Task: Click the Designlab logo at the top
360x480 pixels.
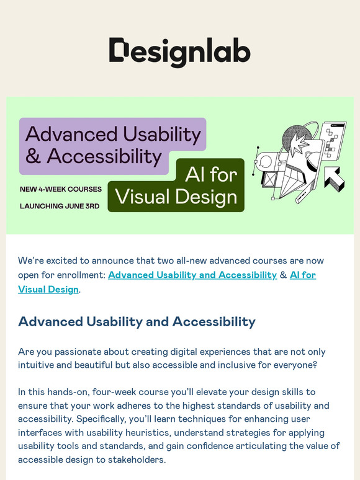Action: pos(179,52)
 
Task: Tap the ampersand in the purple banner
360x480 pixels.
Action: pos(34,157)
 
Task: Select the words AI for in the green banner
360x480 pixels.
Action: pos(211,174)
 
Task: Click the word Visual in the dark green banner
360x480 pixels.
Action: pos(141,197)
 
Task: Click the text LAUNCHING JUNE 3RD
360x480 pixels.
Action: pos(60,206)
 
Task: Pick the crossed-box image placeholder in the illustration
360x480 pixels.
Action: pos(269,179)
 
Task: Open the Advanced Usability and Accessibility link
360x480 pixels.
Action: pos(192,275)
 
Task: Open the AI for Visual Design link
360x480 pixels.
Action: pos(48,289)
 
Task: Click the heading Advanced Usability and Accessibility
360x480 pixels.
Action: pos(137,322)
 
